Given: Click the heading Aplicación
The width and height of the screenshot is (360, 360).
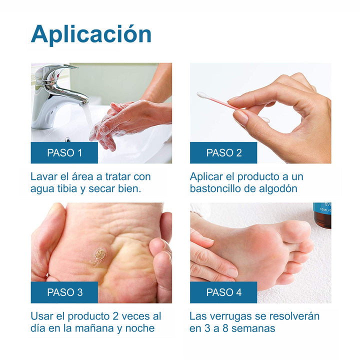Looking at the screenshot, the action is click(91, 34).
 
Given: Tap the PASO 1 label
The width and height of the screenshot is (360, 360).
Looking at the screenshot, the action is click(64, 152).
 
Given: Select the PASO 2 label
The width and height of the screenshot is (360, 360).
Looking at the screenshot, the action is click(223, 152).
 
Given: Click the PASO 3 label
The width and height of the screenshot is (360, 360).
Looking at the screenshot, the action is click(64, 292).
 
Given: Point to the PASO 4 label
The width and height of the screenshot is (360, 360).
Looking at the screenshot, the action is click(223, 292).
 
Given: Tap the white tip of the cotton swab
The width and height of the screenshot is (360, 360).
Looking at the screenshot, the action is click(202, 95).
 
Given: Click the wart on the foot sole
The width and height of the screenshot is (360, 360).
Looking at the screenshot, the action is click(99, 256).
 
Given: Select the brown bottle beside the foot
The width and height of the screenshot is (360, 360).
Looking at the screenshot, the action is click(322, 216).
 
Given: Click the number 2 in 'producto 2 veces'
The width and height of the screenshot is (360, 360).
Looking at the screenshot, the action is click(115, 316).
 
